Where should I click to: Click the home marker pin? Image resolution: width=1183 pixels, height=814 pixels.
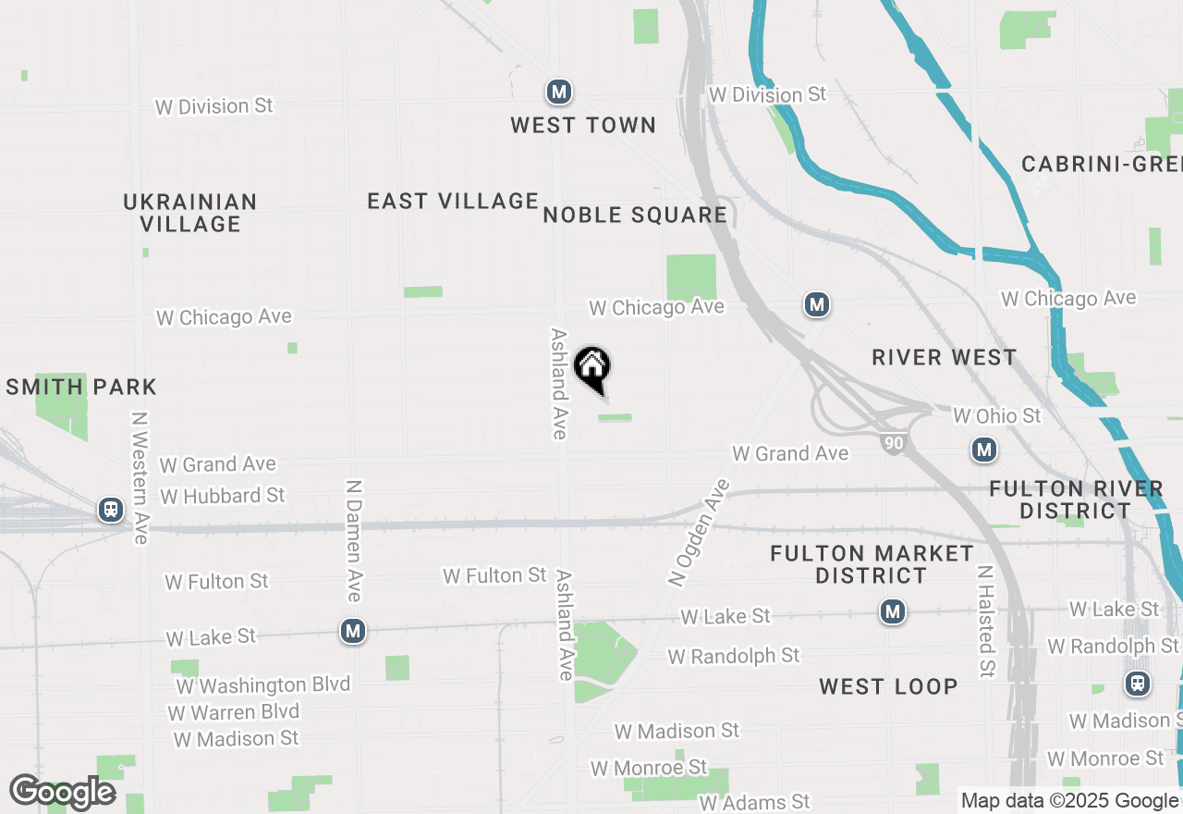[592, 368]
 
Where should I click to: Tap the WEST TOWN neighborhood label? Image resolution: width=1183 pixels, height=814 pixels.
[583, 125]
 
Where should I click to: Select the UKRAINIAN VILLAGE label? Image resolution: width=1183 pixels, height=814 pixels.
[190, 213]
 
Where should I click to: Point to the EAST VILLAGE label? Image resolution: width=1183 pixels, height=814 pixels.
[453, 201]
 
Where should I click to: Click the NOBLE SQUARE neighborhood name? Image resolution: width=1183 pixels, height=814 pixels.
[635, 215]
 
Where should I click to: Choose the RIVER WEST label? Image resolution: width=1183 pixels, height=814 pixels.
[944, 357]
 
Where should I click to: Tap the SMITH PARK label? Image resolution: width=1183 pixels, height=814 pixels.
[81, 387]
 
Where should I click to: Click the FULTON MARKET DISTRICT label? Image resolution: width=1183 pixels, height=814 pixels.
[872, 564]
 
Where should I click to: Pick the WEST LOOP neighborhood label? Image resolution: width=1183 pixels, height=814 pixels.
[887, 686]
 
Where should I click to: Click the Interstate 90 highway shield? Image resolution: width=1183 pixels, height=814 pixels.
[893, 445]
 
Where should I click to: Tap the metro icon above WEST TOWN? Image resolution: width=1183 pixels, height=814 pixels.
[558, 92]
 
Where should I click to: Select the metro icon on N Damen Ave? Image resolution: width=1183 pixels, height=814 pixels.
[352, 631]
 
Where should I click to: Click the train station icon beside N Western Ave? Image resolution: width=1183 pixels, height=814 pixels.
[111, 509]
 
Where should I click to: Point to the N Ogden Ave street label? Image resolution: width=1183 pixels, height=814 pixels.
[699, 532]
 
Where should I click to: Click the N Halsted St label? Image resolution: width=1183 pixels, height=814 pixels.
[986, 622]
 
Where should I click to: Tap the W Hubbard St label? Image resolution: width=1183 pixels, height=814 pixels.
[223, 496]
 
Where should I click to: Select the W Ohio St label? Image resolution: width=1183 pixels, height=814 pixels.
[997, 415]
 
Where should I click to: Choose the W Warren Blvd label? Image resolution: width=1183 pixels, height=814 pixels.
[234, 712]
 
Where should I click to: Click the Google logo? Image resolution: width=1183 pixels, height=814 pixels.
[62, 793]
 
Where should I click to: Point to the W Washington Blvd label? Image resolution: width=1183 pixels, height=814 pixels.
[263, 685]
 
